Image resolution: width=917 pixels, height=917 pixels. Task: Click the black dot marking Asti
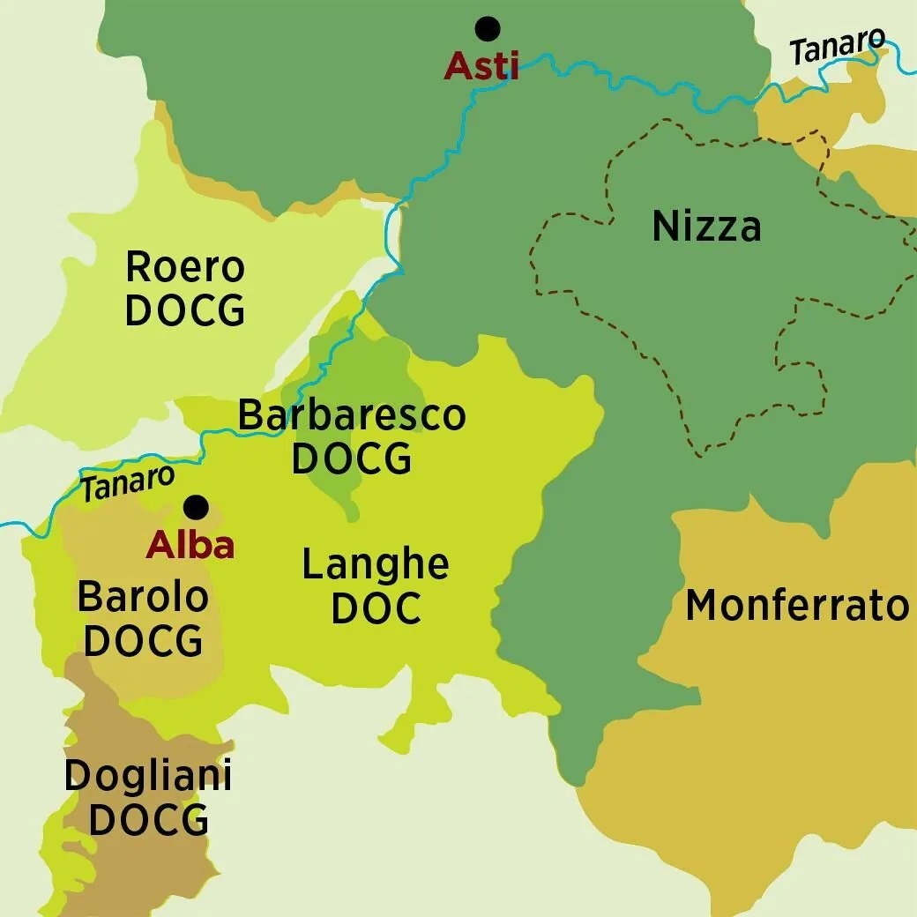487,29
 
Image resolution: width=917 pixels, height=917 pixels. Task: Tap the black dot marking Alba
196,507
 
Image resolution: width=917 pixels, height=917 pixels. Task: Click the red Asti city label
481,66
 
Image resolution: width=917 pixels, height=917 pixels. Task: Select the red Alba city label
190,546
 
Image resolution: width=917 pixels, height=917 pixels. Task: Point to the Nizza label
706,227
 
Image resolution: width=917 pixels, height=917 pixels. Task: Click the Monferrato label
797,606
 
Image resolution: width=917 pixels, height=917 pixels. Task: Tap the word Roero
185,266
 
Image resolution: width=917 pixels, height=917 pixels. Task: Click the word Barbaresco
352,415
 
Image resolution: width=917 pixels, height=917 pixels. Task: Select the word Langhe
376,564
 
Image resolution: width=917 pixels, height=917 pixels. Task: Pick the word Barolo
143,597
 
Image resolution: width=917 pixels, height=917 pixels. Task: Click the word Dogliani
148,776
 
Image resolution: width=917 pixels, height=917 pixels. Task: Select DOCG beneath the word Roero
185,310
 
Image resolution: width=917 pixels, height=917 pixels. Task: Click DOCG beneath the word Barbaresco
352,459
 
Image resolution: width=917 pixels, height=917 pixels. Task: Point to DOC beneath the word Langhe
376,609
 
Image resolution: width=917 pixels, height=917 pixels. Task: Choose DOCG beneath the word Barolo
143,642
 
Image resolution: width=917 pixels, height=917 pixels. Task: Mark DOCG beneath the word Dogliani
148,820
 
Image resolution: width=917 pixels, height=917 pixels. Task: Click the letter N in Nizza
665,227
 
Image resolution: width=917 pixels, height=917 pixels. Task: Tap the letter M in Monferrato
703,606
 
